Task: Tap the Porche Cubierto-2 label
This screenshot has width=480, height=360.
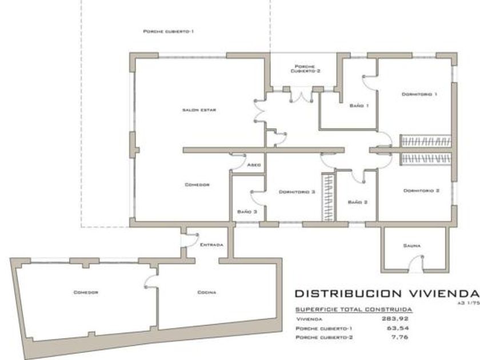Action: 301,69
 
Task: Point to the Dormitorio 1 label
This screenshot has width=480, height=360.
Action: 419,94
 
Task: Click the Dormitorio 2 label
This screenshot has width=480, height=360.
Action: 421,190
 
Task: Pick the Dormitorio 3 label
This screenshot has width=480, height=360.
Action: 297,192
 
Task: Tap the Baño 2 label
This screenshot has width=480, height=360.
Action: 357,202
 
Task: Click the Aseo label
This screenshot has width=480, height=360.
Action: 254,165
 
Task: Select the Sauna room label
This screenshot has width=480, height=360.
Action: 411,245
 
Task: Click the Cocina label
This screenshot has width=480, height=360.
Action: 206,292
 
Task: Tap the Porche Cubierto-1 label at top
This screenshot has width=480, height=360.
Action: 168,32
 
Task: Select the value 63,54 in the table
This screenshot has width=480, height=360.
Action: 396,329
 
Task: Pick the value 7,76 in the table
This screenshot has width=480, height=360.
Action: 398,338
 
